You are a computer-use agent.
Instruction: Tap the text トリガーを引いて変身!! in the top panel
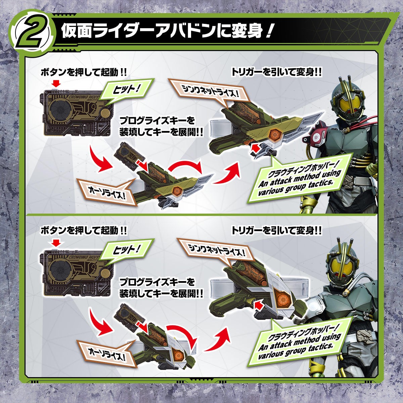[x=276, y=72]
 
